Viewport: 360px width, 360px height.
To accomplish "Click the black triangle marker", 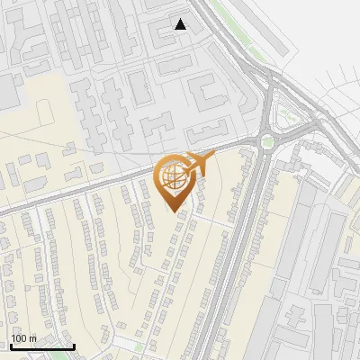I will [181, 24].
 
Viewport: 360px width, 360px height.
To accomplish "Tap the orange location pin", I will [176, 183].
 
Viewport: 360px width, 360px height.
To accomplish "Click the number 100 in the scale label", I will [20, 338].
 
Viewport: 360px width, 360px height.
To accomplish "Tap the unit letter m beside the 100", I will [33, 338].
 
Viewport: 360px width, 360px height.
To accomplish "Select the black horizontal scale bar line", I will [42, 346].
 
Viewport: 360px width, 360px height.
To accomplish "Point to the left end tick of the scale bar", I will [11, 345].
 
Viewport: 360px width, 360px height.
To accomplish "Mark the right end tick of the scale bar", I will [74, 345].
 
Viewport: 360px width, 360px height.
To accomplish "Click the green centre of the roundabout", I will [266, 140].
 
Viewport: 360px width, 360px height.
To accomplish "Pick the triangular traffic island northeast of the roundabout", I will [289, 114].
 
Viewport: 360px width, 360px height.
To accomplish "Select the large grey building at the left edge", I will [7, 91].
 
